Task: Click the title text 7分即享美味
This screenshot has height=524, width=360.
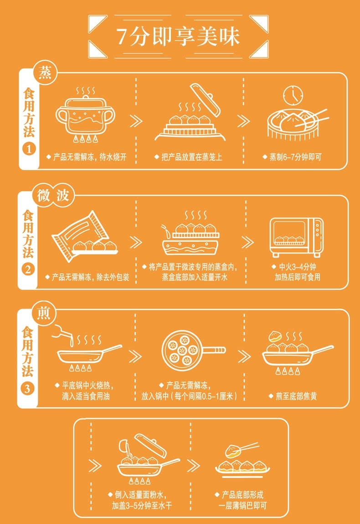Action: point(178,36)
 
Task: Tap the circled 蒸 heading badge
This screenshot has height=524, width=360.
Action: point(45,72)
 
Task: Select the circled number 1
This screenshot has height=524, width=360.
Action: point(29,149)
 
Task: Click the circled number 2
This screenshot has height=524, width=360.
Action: point(28,270)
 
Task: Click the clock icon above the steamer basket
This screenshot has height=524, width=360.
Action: point(293,95)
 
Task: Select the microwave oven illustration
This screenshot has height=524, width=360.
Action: point(296,237)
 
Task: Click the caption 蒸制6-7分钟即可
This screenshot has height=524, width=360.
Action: point(295,157)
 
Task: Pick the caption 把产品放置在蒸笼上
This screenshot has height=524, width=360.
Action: point(192,157)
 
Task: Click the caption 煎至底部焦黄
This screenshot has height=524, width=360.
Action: point(296,396)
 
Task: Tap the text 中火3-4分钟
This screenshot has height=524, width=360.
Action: point(297,267)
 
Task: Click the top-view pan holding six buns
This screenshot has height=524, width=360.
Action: point(193,350)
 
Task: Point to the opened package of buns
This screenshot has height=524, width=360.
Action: point(84,236)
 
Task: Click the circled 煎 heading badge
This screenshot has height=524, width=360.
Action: point(44,313)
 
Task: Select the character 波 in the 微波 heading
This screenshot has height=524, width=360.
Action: point(62,196)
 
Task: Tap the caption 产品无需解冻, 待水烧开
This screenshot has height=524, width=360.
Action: point(90,157)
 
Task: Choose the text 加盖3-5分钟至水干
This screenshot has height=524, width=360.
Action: point(142,506)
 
